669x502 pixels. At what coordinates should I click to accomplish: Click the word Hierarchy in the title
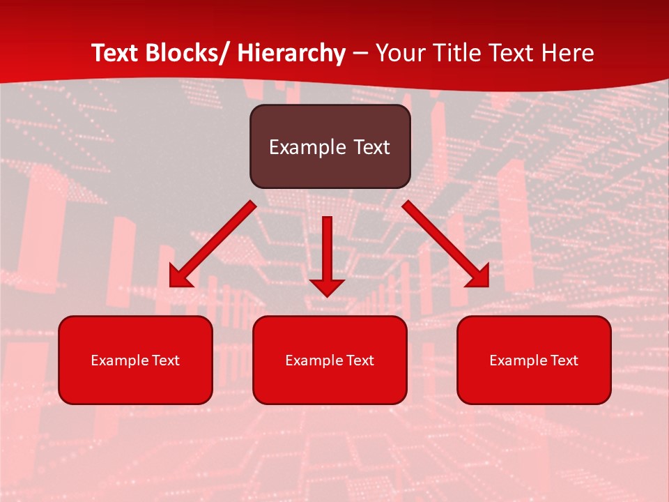coord(291,53)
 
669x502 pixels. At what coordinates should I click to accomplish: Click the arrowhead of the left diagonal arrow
coord(180,277)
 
